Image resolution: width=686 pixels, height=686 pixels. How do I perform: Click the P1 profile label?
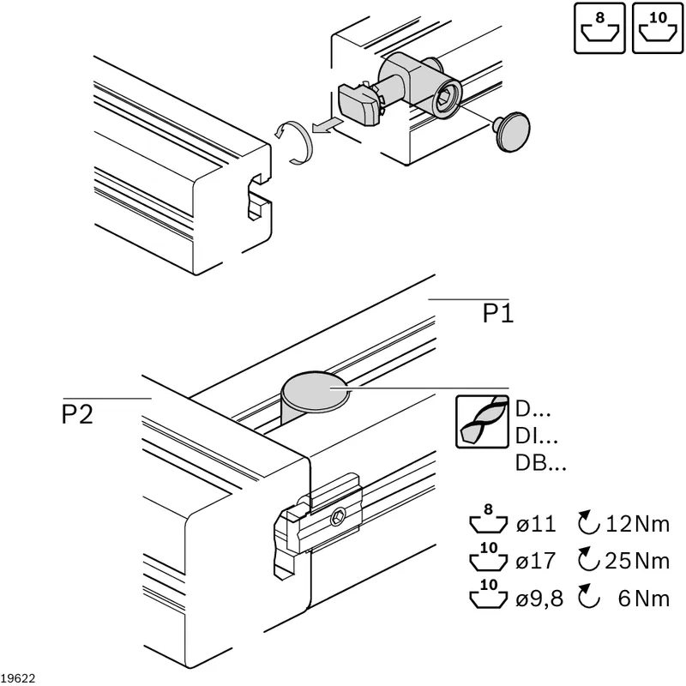[498, 313]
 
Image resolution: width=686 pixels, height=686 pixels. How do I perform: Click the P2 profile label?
[77, 414]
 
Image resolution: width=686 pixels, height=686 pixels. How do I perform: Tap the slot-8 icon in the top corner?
[599, 28]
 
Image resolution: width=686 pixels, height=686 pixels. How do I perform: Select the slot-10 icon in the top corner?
[658, 28]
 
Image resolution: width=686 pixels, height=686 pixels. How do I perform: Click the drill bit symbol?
[482, 422]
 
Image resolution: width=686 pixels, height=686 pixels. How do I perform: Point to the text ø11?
[536, 524]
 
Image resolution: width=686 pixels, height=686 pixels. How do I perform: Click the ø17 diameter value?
[536, 561]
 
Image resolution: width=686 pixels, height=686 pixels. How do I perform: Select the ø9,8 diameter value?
[539, 598]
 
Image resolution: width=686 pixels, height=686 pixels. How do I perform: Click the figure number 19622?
[18, 678]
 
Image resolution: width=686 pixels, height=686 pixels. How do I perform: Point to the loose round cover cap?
[512, 132]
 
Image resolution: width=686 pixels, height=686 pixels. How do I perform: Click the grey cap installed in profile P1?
[316, 393]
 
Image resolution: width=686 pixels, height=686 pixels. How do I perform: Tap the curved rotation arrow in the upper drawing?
[294, 142]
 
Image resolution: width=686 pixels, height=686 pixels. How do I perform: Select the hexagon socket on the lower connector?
[338, 518]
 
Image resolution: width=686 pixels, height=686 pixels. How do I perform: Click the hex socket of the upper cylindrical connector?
[444, 99]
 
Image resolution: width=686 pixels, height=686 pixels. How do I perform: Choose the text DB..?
[531, 462]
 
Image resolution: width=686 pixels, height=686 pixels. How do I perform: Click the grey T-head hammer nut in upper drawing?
[358, 104]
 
